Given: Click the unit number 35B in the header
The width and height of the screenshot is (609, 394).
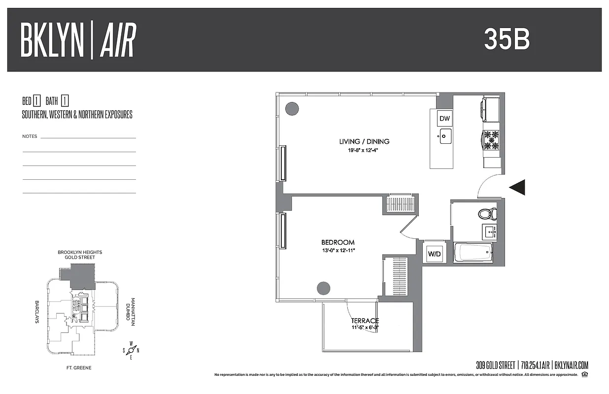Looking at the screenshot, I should (x=507, y=39).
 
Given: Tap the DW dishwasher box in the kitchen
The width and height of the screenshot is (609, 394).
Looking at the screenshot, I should (x=445, y=119).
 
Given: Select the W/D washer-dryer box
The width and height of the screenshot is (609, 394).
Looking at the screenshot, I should (x=434, y=254).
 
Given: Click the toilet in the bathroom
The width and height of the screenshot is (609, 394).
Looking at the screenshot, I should (x=487, y=214).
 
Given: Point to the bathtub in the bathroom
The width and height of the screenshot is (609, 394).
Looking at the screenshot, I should (x=473, y=253).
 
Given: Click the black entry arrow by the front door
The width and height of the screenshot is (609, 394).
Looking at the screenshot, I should (x=517, y=187).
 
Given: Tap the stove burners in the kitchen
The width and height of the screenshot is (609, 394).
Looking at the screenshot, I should (x=491, y=140).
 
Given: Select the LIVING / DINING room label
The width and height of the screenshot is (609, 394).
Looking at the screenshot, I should (x=364, y=141).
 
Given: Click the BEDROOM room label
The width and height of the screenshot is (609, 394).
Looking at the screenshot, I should (x=338, y=242).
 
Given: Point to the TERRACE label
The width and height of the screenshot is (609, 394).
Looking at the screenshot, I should (x=365, y=321).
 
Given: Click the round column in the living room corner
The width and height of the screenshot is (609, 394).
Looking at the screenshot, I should (x=292, y=107).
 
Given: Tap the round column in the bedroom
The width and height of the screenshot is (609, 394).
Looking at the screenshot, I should (x=323, y=287).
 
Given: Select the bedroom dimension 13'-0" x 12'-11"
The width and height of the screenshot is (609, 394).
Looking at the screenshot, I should (x=338, y=250).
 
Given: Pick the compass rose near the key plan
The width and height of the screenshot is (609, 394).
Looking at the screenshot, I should (x=131, y=350).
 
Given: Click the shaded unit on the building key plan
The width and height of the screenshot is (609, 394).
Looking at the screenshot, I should (x=82, y=275).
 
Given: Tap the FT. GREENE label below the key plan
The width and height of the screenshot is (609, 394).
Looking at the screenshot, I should (x=79, y=368).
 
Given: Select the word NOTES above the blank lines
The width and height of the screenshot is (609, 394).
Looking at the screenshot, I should (x=30, y=136).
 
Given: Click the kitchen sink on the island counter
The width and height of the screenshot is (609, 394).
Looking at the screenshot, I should (x=445, y=136).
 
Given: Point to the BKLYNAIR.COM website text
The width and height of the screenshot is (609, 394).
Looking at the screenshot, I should (x=572, y=365).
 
